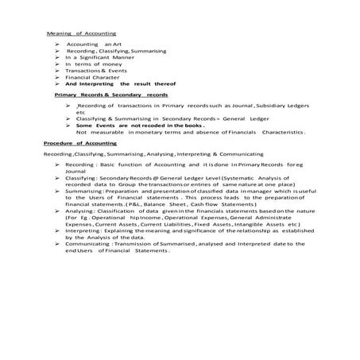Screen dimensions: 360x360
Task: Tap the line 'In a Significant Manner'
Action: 96,57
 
